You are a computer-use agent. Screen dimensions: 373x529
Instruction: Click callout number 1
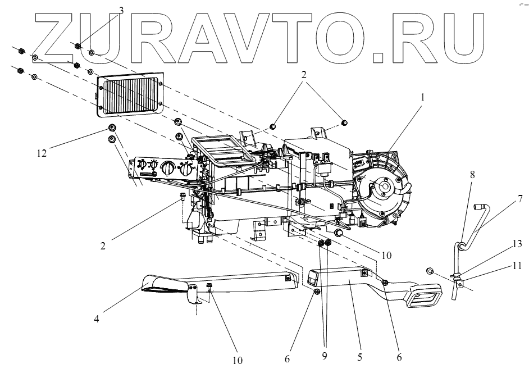click(x=423, y=97)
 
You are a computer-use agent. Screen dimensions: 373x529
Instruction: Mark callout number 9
click(x=325, y=355)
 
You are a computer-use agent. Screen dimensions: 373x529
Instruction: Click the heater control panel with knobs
click(x=163, y=169)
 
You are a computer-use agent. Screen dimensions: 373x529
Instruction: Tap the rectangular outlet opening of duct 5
click(x=428, y=296)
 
